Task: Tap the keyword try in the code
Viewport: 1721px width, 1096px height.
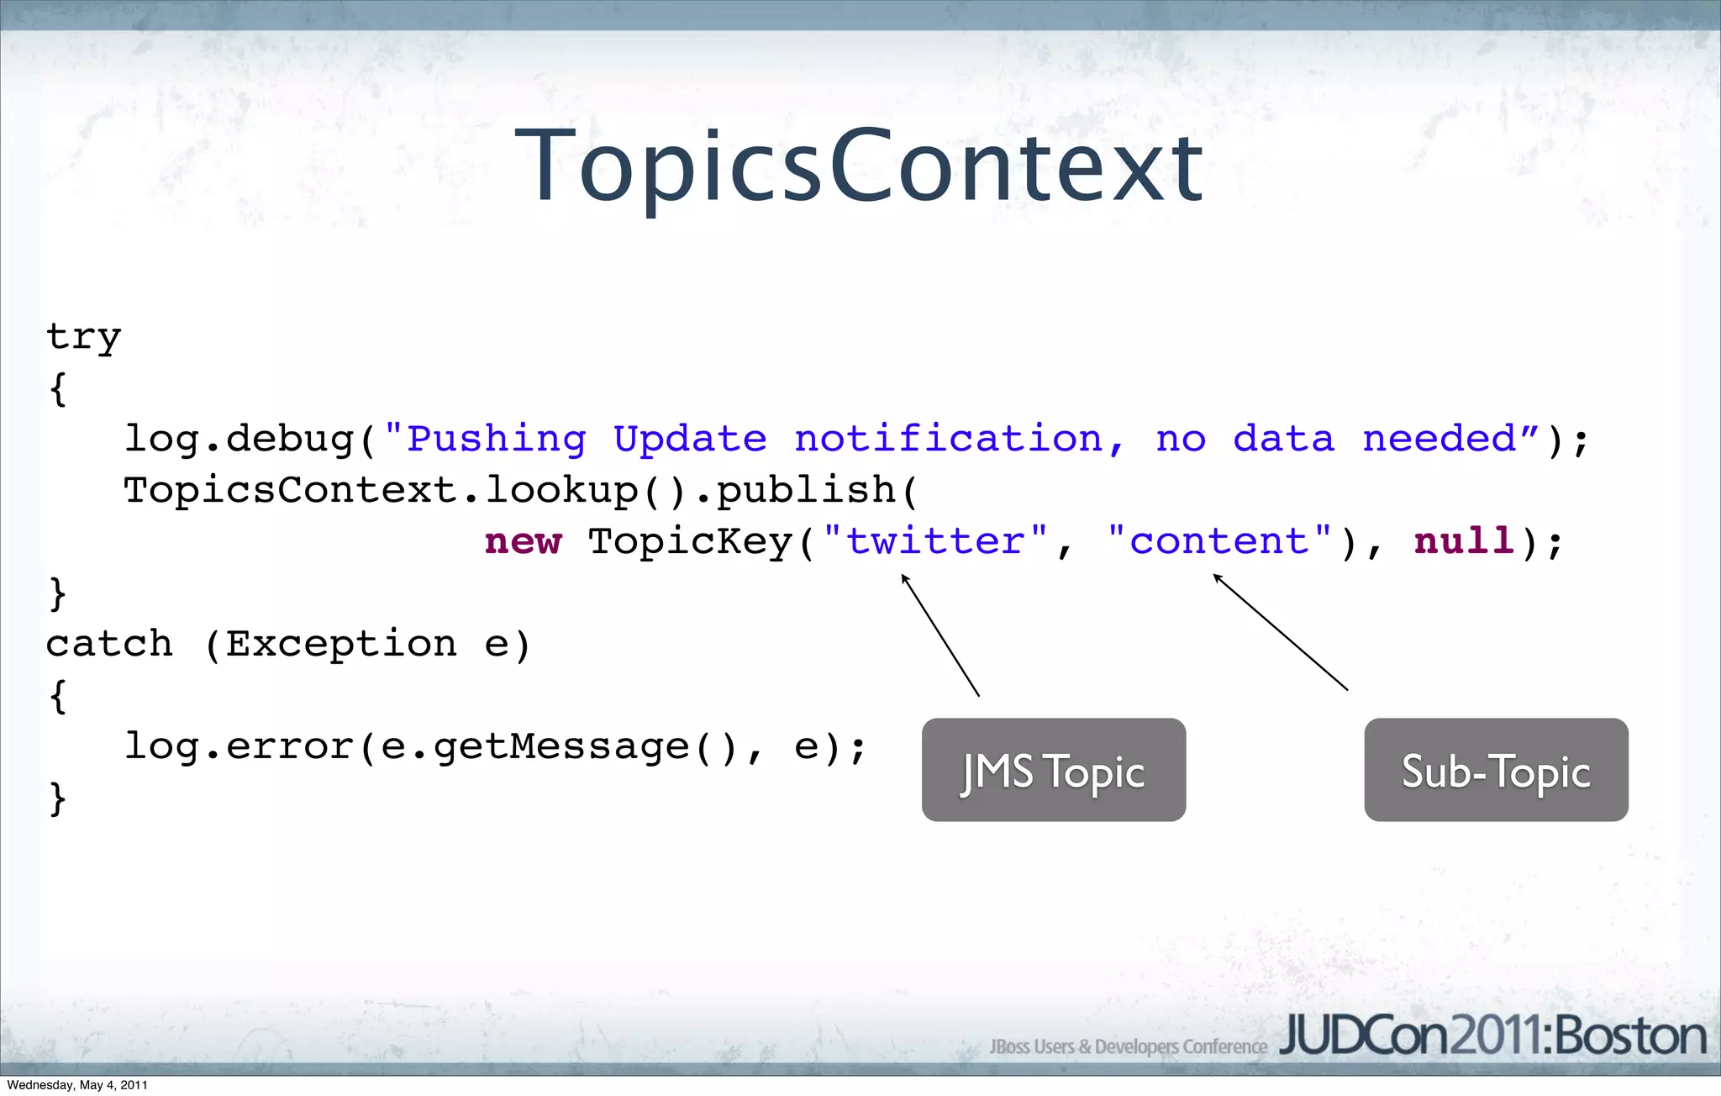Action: pyautogui.click(x=83, y=338)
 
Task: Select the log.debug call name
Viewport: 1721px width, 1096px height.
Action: pyautogui.click(x=239, y=440)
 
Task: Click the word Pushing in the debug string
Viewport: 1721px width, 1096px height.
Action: pyautogui.click(x=496, y=440)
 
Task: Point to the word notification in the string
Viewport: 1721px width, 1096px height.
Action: pyautogui.click(x=948, y=440)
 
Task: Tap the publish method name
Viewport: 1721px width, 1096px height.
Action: pyautogui.click(x=806, y=491)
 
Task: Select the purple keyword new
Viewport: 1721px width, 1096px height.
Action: pyautogui.click(x=523, y=542)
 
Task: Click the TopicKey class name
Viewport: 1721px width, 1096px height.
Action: pyautogui.click(x=690, y=542)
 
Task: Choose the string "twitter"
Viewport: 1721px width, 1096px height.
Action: pyautogui.click(x=935, y=542)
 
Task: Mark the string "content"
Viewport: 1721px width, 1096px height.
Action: pyautogui.click(x=1219, y=542)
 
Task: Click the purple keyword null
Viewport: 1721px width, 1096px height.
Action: pyautogui.click(x=1464, y=542)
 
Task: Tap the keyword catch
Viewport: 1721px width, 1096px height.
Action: pyautogui.click(x=109, y=645)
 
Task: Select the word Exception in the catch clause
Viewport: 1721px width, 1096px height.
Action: pyautogui.click(x=340, y=645)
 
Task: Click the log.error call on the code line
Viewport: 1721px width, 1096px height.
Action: pyautogui.click(x=239, y=747)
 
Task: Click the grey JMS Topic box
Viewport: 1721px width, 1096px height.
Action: pyautogui.click(x=1054, y=770)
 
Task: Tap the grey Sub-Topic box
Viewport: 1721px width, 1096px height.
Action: pyautogui.click(x=1496, y=770)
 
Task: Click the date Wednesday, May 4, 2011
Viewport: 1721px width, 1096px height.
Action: pyautogui.click(x=77, y=1085)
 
